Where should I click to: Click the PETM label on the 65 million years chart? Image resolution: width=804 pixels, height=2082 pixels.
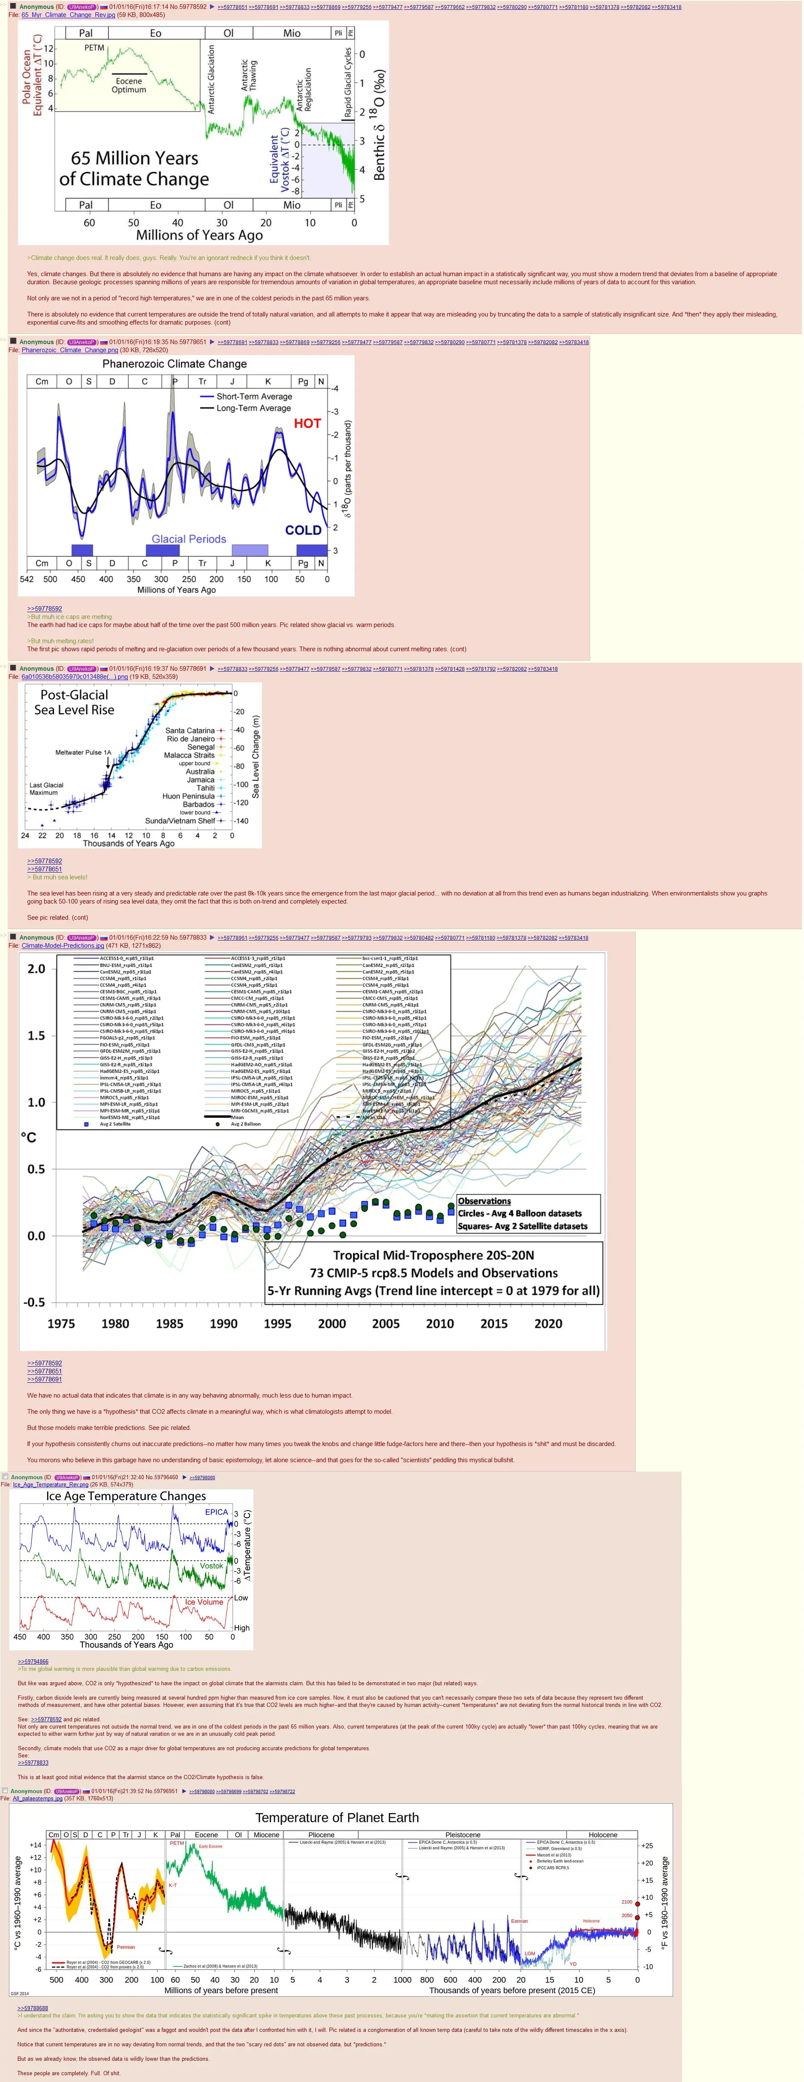(95, 48)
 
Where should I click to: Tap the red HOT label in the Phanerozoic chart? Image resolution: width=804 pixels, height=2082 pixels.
(307, 424)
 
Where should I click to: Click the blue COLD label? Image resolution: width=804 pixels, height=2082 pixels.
(303, 530)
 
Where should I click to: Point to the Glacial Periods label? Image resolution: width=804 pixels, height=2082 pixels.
(188, 539)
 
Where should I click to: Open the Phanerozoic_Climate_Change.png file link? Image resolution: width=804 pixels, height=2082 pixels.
(70, 350)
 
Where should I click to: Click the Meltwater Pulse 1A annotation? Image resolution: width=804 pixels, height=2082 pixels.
(83, 752)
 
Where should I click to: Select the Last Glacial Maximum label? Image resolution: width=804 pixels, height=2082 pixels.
(46, 789)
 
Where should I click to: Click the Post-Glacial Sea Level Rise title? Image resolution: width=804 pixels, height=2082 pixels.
(74, 702)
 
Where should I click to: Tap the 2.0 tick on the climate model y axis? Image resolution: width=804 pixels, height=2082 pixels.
(37, 969)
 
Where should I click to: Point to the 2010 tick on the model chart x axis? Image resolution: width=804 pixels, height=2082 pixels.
(440, 1324)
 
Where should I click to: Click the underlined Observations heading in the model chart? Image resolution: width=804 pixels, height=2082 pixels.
(485, 1201)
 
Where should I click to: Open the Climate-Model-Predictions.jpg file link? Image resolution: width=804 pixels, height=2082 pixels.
(63, 946)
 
